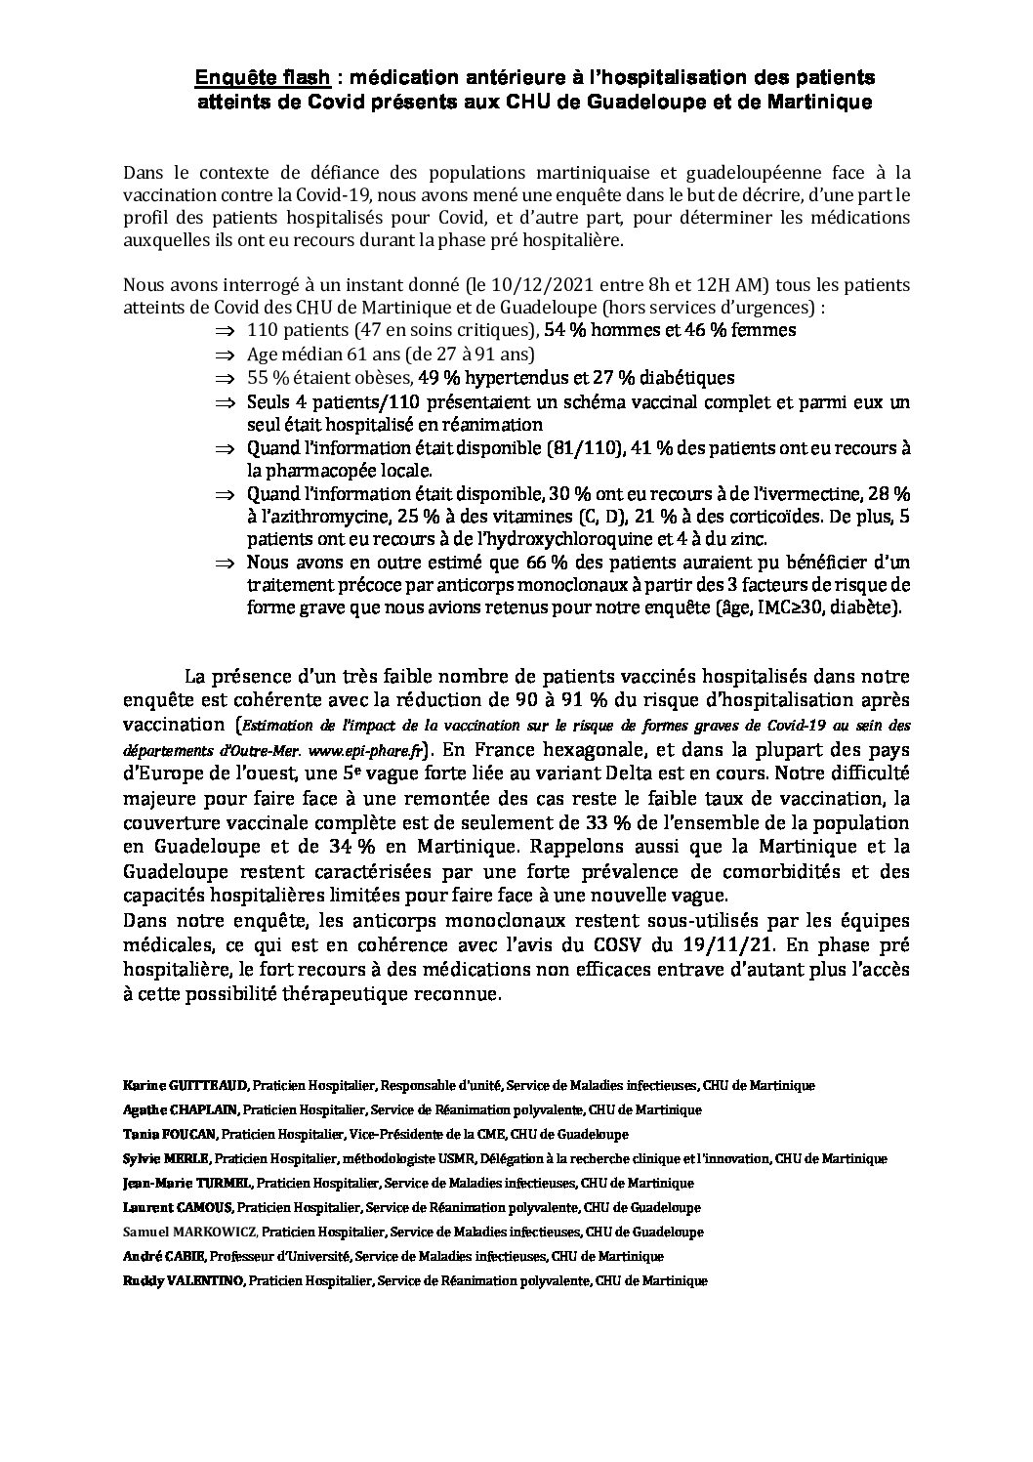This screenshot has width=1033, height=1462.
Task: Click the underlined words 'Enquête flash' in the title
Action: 263,77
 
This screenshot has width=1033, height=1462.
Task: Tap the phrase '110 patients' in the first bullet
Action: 290,330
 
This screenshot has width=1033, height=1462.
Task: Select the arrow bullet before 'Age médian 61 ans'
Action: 226,354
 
